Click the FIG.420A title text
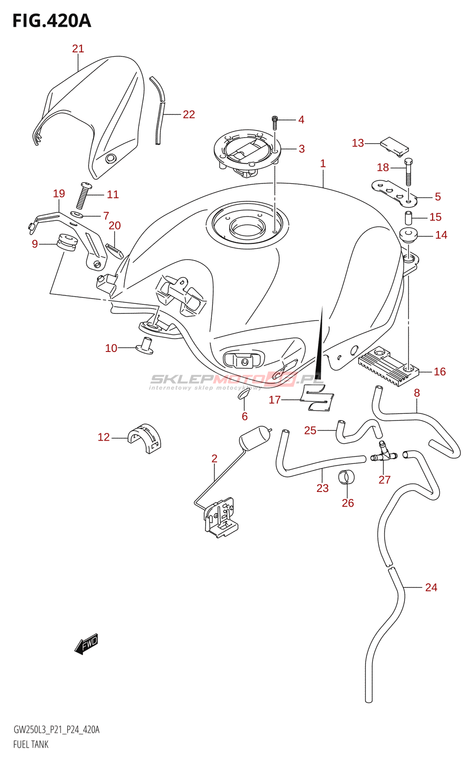coord(51,21)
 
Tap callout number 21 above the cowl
coord(78,49)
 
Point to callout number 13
coord(357,143)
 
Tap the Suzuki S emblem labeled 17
coord(317,398)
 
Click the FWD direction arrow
coord(87,644)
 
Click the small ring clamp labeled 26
coord(347,476)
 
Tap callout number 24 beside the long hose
coord(431,587)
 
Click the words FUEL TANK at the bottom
coord(31,744)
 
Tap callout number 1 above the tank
coord(323,164)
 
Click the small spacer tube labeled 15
coord(408,218)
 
